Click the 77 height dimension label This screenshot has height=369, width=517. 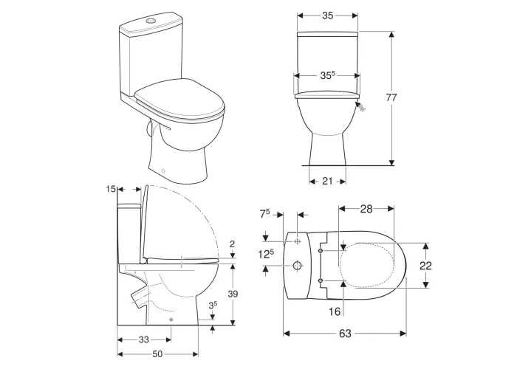(391, 97)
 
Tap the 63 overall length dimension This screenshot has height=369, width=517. (345, 334)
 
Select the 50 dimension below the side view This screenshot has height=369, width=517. (157, 354)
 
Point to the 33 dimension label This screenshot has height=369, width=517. (144, 339)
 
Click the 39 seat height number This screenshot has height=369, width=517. (233, 294)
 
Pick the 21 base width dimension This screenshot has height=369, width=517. (327, 182)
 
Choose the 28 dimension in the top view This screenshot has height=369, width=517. (366, 209)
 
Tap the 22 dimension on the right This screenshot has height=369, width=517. (425, 266)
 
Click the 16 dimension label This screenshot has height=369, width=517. (335, 311)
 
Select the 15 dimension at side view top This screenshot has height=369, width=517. (111, 189)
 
